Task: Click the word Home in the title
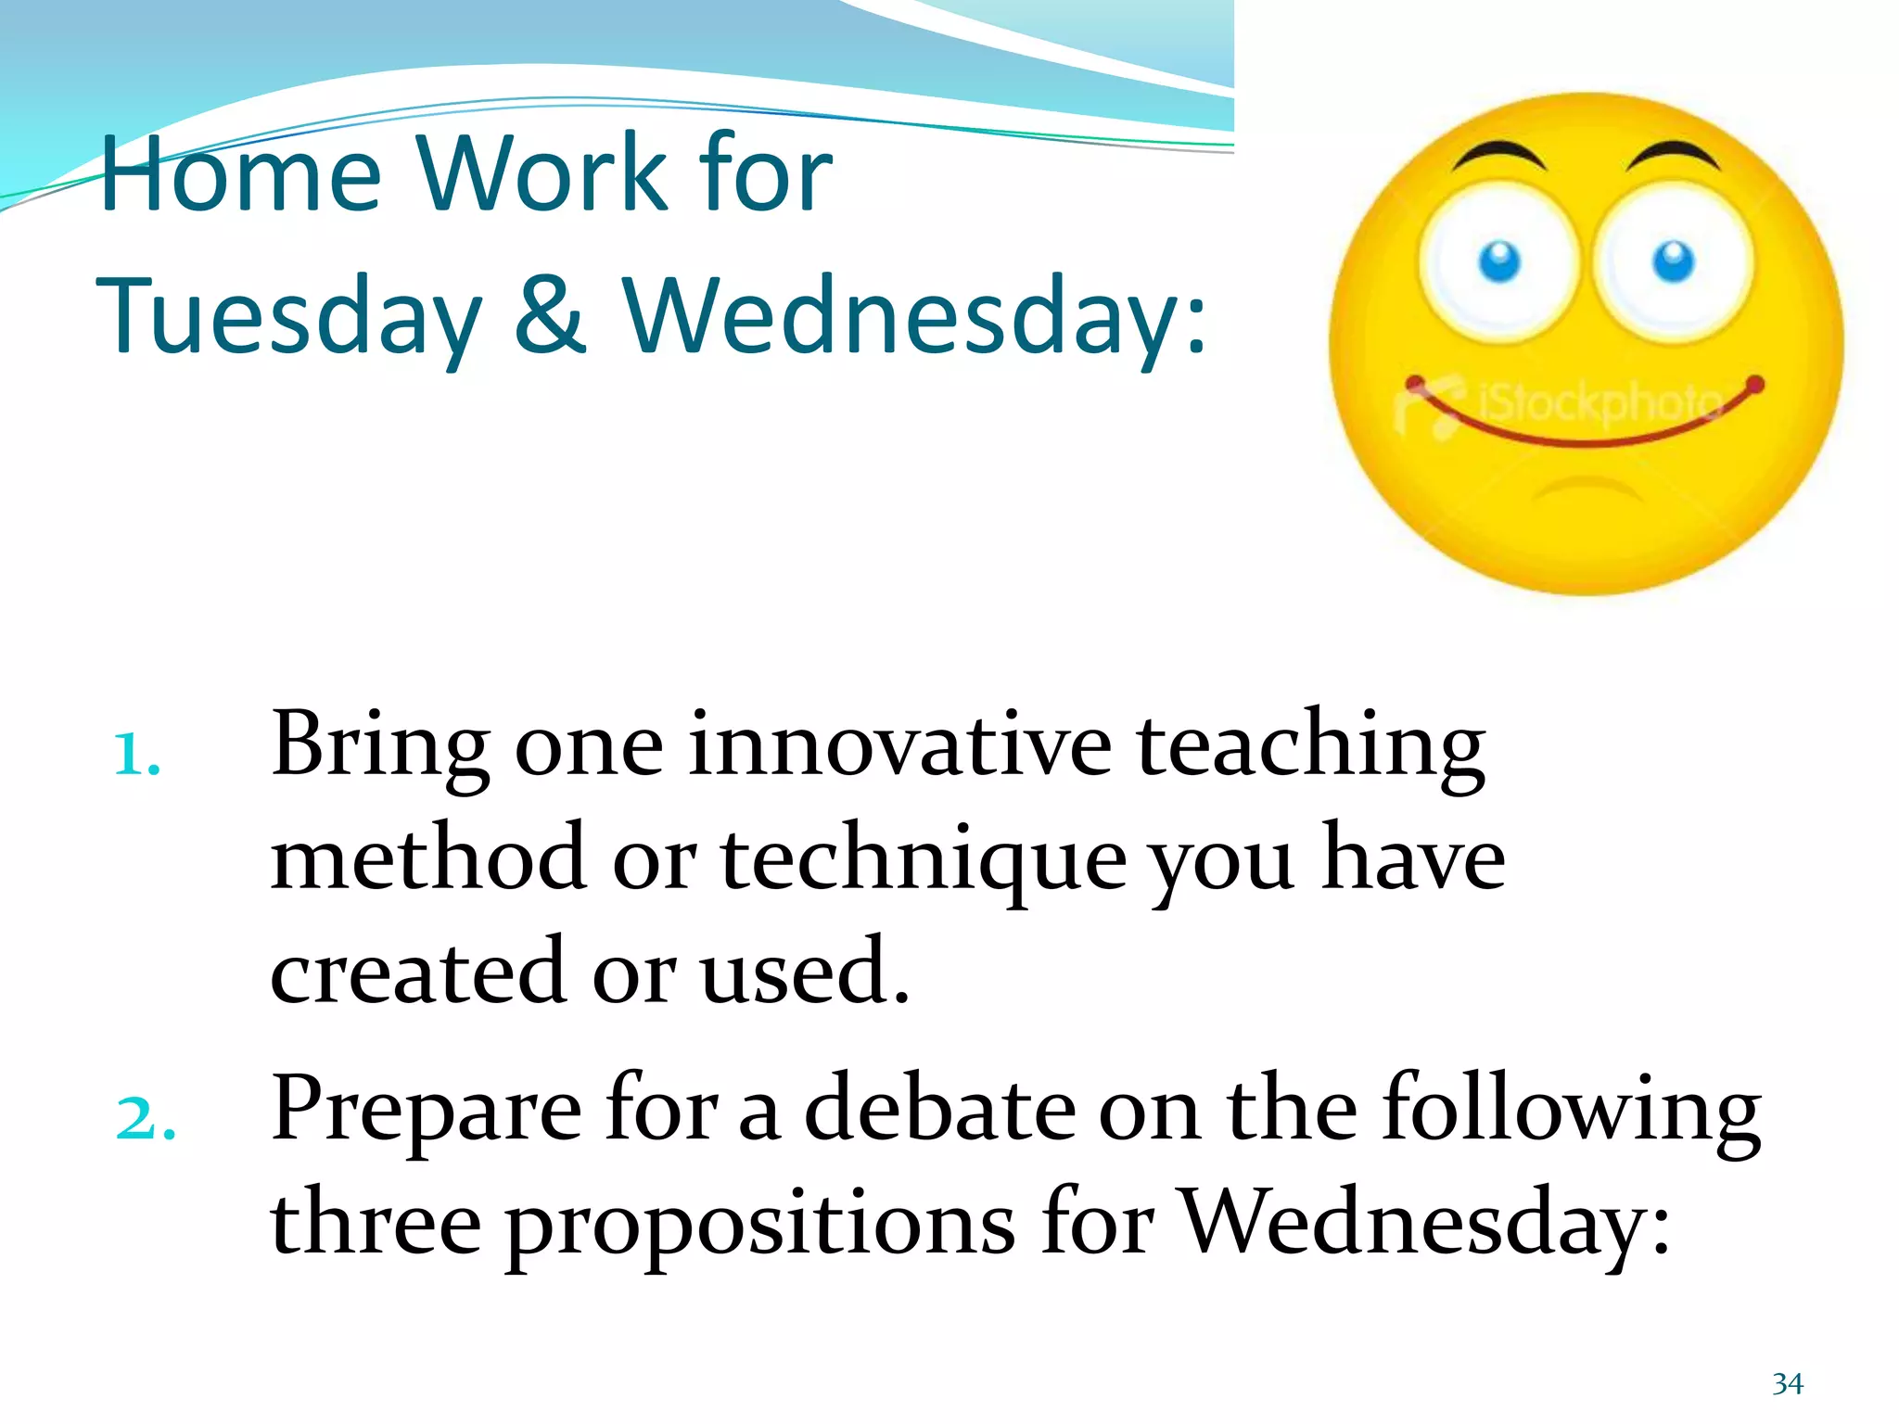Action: (239, 173)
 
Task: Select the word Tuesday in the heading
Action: (289, 318)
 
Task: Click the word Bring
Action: (380, 747)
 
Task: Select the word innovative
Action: (899, 747)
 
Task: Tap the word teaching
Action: (1311, 747)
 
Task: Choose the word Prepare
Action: (427, 1111)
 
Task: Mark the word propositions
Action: (759, 1226)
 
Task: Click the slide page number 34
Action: (1788, 1384)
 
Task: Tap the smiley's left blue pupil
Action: (1499, 261)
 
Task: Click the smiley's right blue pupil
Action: (1674, 261)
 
